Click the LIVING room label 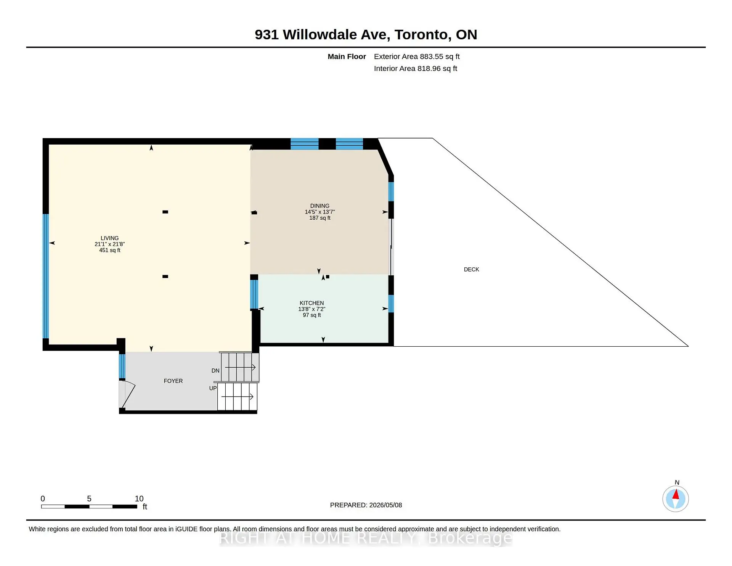click(x=110, y=238)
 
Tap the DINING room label click(x=320, y=206)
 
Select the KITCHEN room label click(x=312, y=303)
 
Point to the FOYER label click(x=173, y=381)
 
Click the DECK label click(x=472, y=270)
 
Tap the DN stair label click(x=215, y=371)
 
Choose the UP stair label click(x=213, y=388)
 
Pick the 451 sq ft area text click(x=110, y=250)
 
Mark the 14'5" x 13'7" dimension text click(x=320, y=212)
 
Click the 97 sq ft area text click(x=312, y=315)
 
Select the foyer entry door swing click(x=127, y=394)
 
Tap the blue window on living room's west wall click(x=46, y=276)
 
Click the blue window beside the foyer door click(x=122, y=366)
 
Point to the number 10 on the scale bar click(x=139, y=499)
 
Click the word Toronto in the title click(x=421, y=35)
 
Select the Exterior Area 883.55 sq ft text click(x=417, y=56)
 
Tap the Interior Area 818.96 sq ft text click(x=416, y=69)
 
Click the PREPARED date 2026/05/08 click(x=385, y=505)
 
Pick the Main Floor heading click(x=347, y=57)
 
